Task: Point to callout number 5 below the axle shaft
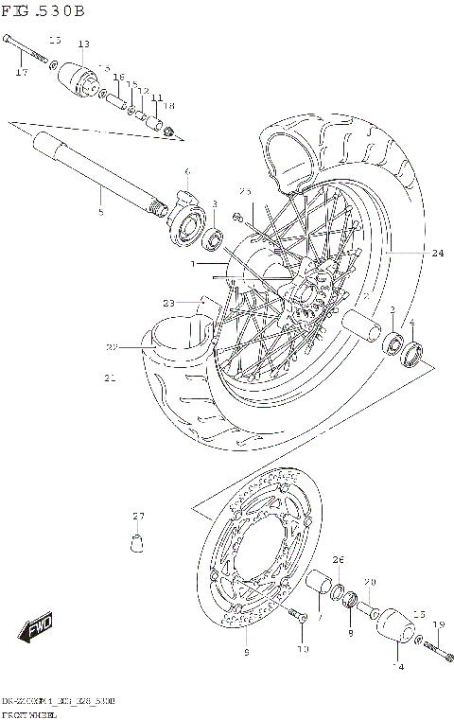[x=101, y=186]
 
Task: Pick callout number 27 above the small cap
[x=139, y=516]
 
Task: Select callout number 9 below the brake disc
[x=247, y=652]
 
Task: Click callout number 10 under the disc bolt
[x=303, y=649]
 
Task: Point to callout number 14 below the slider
[x=398, y=667]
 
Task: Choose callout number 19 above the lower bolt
[x=438, y=624]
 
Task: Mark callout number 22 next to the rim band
[x=112, y=347]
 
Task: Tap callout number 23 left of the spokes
[x=168, y=303]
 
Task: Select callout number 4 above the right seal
[x=411, y=323]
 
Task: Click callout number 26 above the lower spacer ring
[x=338, y=559]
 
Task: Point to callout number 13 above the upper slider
[x=83, y=44]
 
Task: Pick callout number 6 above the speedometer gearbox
[x=187, y=171]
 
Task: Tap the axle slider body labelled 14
[x=395, y=629]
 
